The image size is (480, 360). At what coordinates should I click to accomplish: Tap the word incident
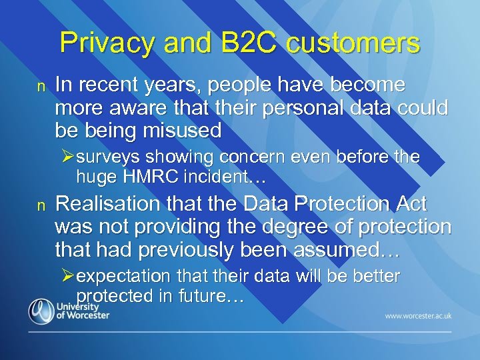217,177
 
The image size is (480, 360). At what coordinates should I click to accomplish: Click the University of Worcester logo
69,311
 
